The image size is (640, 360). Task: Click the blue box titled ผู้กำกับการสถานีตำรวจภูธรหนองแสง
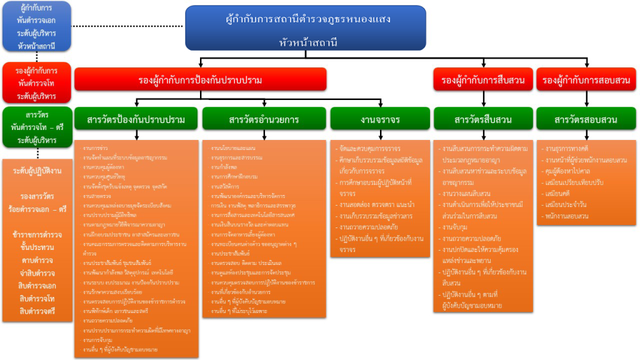click(306, 28)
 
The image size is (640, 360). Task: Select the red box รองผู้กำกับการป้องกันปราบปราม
click(200, 80)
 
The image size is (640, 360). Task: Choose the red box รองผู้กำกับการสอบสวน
click(586, 80)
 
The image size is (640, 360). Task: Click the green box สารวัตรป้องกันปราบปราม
click(136, 119)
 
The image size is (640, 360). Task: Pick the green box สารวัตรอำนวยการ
click(263, 119)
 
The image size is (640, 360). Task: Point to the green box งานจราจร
click(379, 119)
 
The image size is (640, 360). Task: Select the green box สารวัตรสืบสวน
click(483, 119)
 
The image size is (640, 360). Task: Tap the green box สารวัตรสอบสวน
click(586, 119)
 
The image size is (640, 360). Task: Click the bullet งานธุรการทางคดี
click(568, 149)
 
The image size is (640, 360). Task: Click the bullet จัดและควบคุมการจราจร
click(368, 149)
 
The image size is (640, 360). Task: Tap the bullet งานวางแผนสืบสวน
click(465, 193)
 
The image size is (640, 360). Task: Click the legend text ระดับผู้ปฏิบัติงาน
click(37, 170)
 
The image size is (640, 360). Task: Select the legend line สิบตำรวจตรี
click(37, 311)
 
